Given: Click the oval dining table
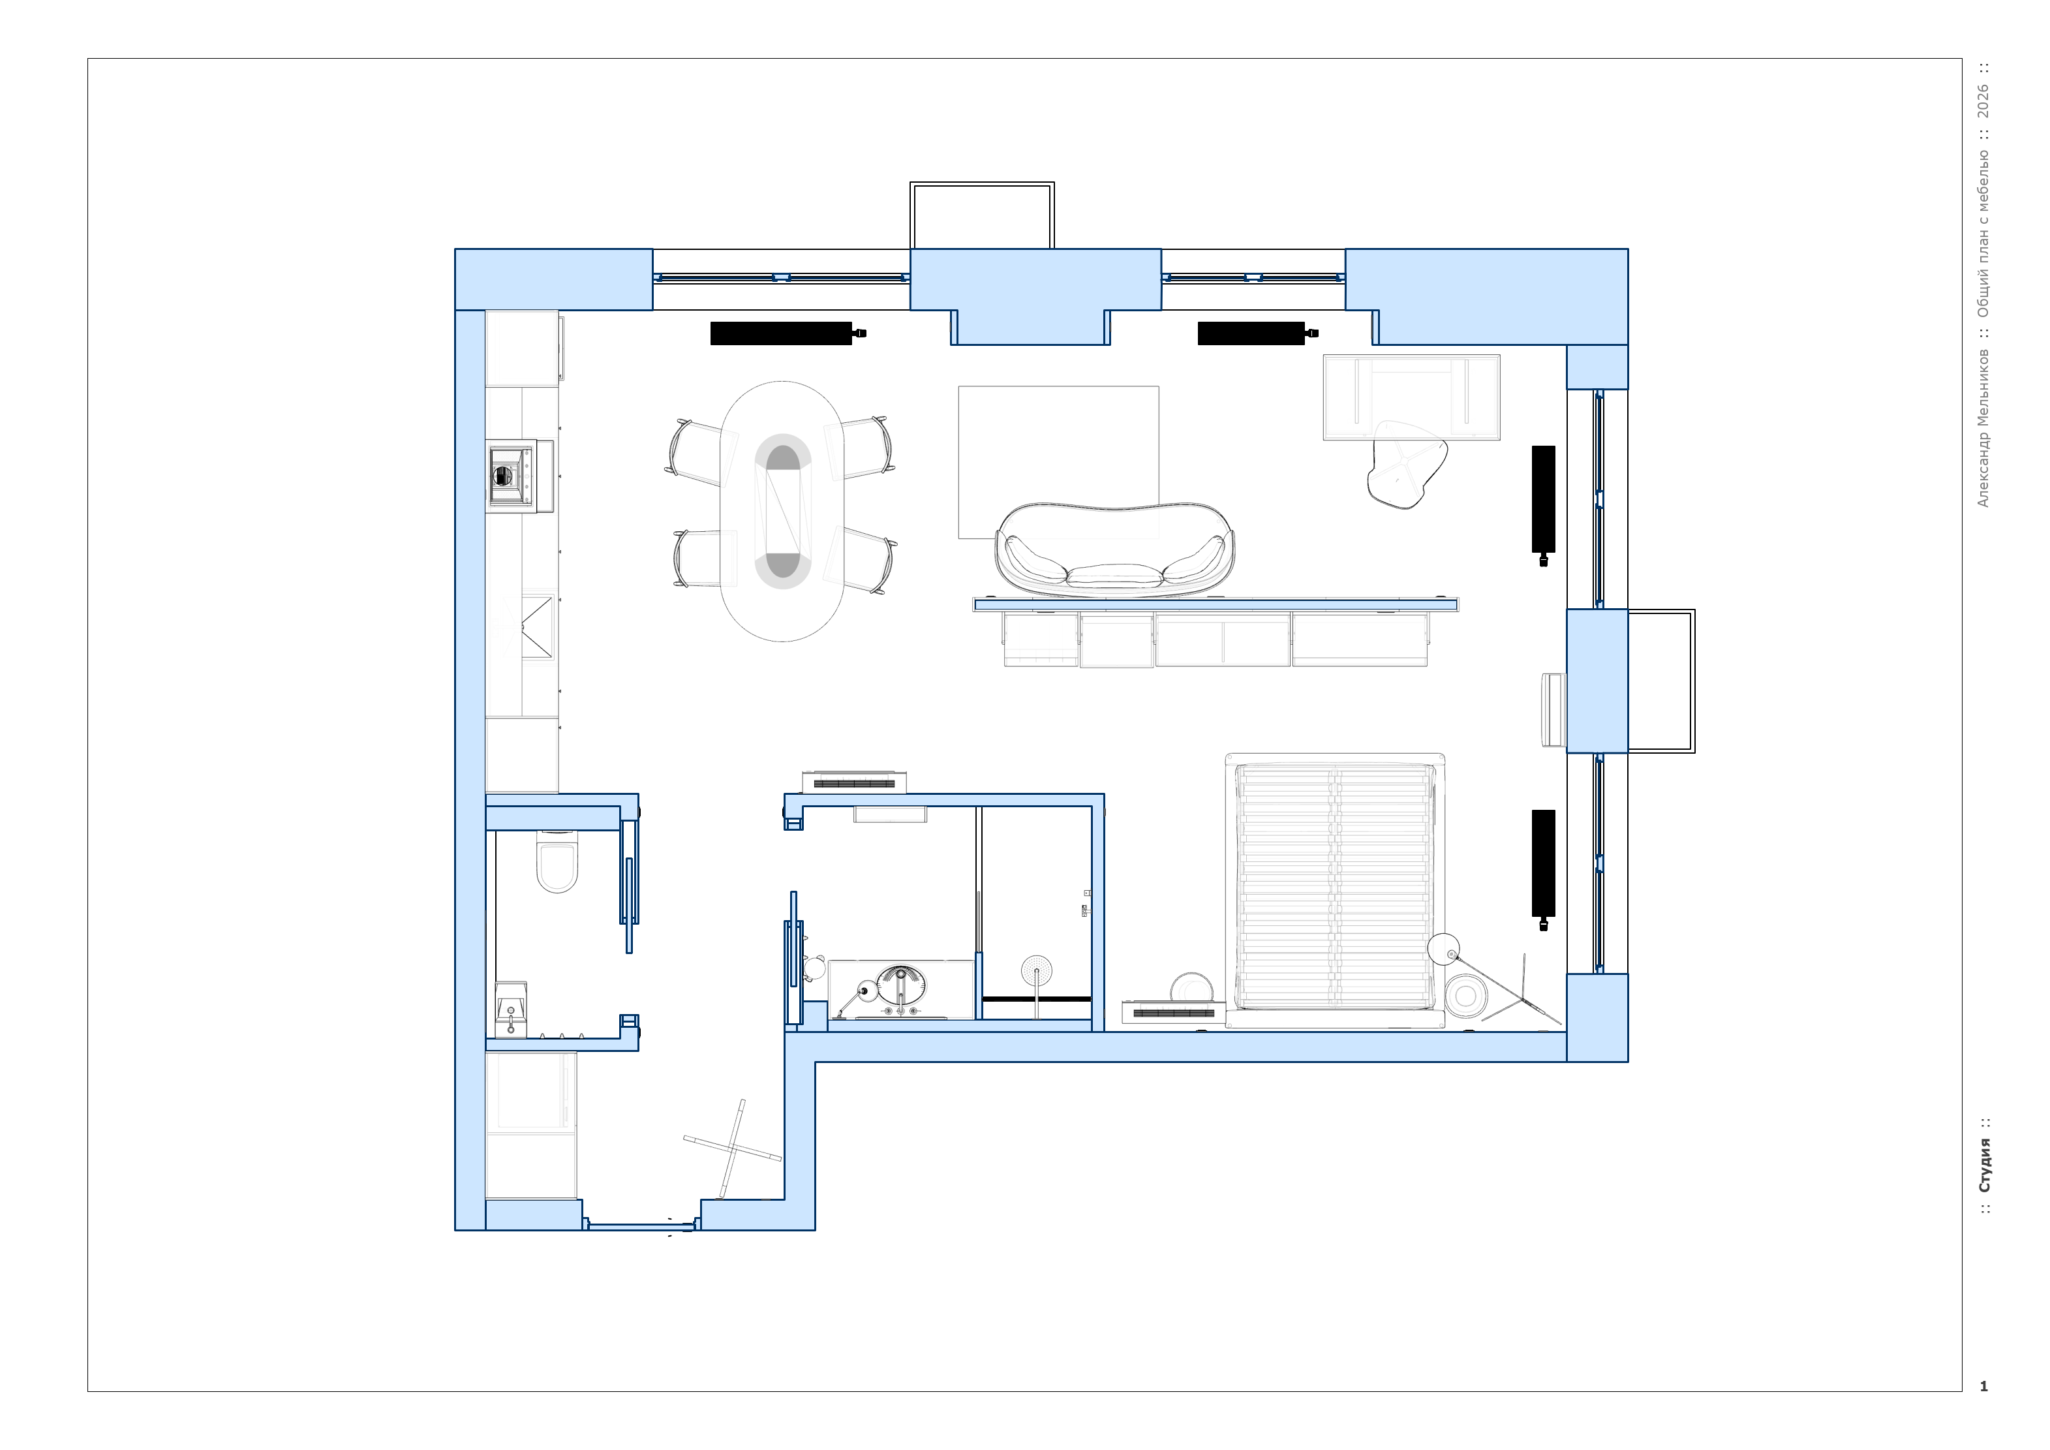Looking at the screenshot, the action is (x=782, y=511).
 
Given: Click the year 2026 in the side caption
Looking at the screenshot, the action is (x=1983, y=101).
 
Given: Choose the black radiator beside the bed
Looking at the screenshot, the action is (x=1544, y=863).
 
